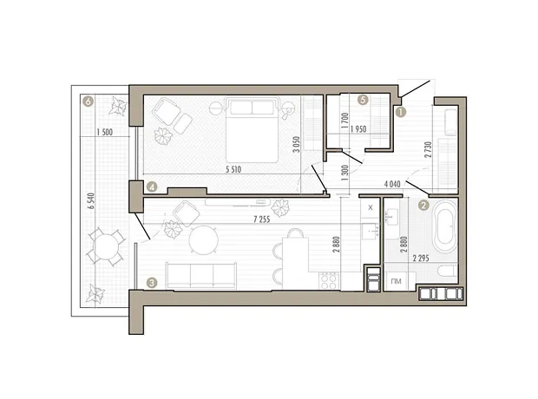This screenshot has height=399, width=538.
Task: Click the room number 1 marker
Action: coord(400,112)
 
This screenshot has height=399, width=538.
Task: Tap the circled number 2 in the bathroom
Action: coord(423,206)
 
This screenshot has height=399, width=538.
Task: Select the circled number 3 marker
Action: coord(152,283)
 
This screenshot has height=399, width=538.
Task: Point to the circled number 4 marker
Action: coord(152,187)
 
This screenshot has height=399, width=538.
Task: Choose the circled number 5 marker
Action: coord(363,100)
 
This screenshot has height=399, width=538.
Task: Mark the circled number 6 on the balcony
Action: coord(89,101)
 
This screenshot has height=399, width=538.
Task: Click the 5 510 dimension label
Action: coord(233,169)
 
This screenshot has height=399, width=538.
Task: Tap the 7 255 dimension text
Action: coord(262,219)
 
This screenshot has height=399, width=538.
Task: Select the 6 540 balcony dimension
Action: coord(90,201)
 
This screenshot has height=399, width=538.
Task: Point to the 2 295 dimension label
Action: coord(421,258)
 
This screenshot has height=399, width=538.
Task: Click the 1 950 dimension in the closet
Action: coord(358,129)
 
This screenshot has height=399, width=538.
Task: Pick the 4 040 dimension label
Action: coord(392,184)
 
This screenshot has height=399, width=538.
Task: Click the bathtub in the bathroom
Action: coord(445,226)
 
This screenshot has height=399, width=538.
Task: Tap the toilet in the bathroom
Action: coord(448,271)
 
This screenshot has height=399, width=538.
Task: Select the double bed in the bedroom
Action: coord(252,129)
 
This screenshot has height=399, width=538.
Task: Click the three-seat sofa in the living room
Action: coord(201,276)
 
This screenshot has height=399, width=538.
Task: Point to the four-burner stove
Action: coord(328,281)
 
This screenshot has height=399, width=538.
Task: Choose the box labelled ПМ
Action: coord(397,281)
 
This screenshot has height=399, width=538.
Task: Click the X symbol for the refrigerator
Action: coord(371,207)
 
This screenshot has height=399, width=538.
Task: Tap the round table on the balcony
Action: coord(107,246)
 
